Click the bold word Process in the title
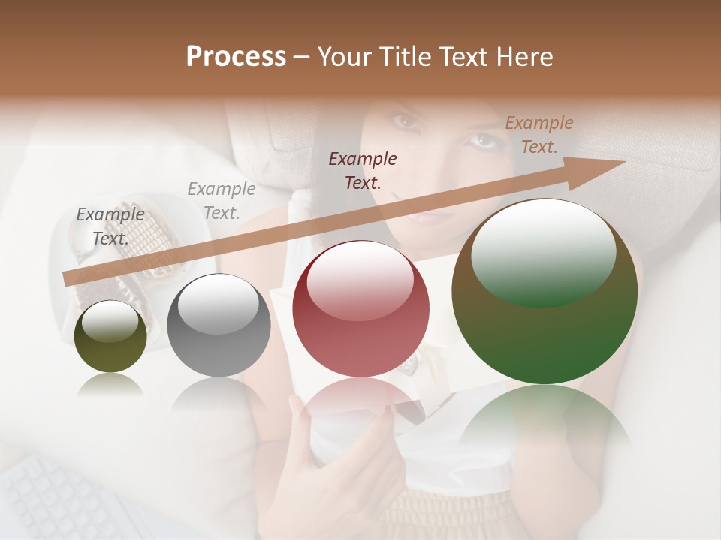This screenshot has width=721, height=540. tap(236, 57)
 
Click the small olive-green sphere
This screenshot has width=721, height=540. tap(110, 337)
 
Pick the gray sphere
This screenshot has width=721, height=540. tap(219, 325)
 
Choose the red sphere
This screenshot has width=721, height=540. tap(360, 308)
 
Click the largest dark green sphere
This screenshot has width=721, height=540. tap(545, 292)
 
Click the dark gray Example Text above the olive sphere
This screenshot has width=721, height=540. tap(110, 226)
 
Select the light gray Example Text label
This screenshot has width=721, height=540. tap(221, 200)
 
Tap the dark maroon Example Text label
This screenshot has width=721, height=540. tap(363, 170)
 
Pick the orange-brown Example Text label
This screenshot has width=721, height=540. tap(539, 134)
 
